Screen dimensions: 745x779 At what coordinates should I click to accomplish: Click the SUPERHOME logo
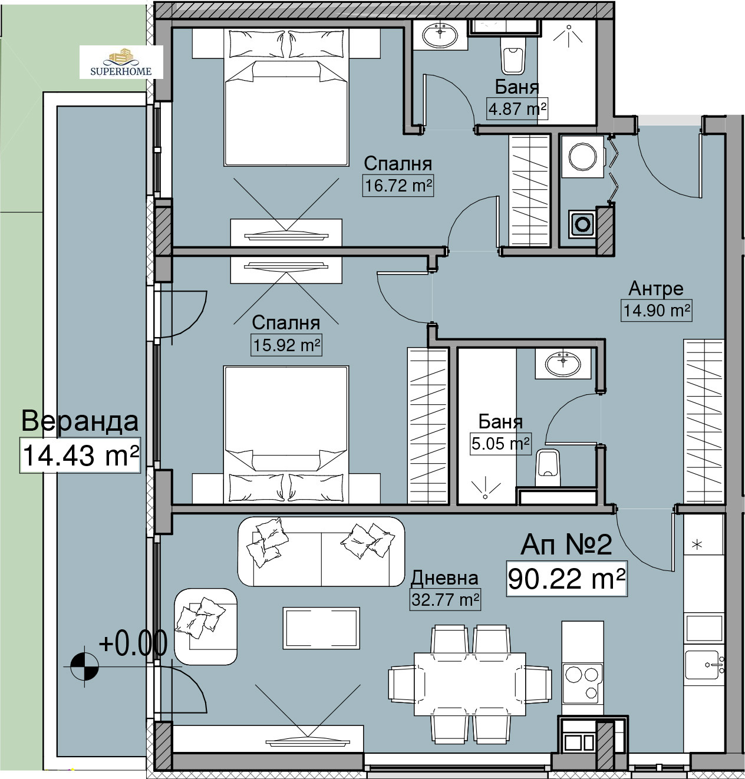point(121,62)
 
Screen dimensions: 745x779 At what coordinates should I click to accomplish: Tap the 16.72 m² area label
point(398,186)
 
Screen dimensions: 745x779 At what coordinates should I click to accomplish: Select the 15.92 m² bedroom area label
point(286,345)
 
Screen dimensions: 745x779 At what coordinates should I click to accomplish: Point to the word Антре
point(656,289)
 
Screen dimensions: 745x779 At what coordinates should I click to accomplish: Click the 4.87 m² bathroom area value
point(517,108)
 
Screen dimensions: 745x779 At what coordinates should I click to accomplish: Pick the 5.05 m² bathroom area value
point(500,444)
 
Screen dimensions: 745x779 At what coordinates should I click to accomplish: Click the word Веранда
point(80,421)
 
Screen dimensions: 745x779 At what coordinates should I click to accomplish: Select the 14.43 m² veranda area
point(80,455)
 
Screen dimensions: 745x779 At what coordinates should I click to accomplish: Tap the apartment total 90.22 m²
point(566,579)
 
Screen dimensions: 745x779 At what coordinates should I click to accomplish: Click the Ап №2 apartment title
point(566,544)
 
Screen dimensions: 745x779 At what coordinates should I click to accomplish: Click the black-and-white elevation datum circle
point(84,667)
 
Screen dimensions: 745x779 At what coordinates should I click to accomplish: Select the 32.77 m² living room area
point(445,600)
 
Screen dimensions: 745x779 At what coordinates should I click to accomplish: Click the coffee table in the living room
point(321,628)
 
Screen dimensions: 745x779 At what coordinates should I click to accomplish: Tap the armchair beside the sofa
point(206,626)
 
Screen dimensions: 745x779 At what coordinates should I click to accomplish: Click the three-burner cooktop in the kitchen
point(582,684)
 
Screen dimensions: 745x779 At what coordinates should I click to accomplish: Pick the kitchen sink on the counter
point(704,665)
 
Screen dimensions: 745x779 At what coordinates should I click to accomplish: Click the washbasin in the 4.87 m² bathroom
point(440,35)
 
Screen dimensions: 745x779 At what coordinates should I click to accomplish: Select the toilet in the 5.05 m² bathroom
point(548,467)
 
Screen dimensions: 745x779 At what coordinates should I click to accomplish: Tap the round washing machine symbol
point(582,156)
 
